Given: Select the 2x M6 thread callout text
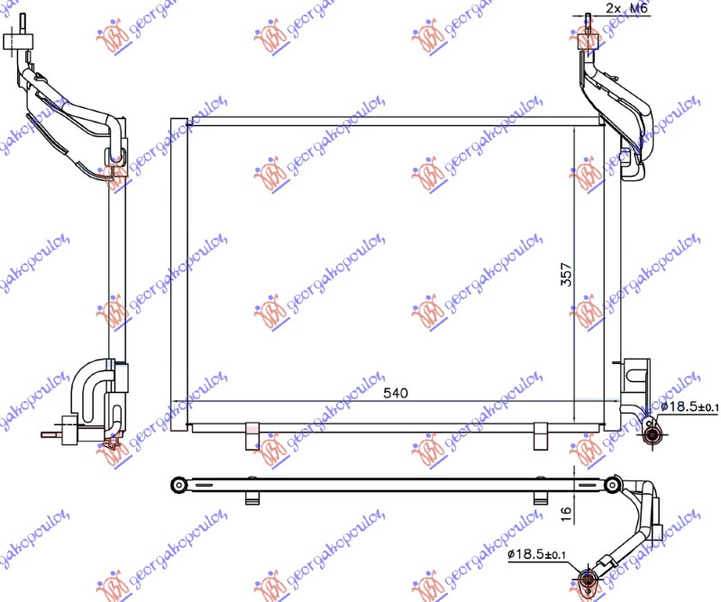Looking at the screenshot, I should pos(625,7).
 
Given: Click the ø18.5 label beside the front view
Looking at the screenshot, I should pos(690,408).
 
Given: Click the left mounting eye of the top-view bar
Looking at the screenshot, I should pos(178,486).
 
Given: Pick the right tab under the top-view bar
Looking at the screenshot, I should pos(541,497).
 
